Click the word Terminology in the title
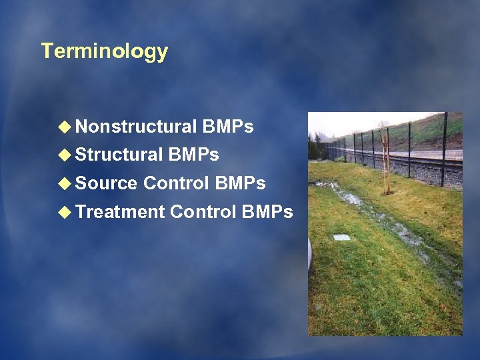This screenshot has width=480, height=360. tap(104, 51)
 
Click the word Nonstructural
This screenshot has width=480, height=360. tap(136, 127)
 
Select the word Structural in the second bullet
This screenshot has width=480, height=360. tap(119, 155)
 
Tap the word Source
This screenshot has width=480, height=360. tap(107, 183)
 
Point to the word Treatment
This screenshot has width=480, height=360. tap(120, 212)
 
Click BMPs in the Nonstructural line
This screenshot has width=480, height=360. tap(228, 127)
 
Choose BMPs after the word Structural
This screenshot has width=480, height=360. tap(194, 155)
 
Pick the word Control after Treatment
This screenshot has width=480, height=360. tap(203, 212)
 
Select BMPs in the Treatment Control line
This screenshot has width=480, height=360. tap(267, 212)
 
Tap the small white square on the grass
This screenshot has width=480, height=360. tap(341, 237)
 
